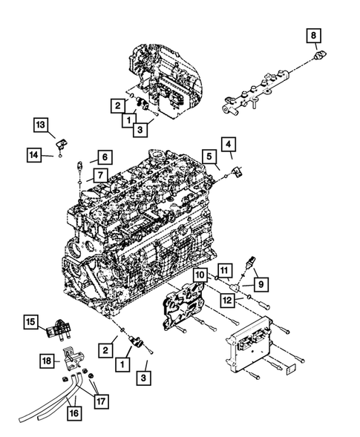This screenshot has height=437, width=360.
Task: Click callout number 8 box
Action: (313, 34)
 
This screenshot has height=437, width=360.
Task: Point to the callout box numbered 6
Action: (103, 157)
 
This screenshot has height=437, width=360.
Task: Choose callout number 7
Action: (96, 176)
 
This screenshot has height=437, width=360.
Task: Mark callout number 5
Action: (212, 156)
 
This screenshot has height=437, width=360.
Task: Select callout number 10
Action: (200, 275)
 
